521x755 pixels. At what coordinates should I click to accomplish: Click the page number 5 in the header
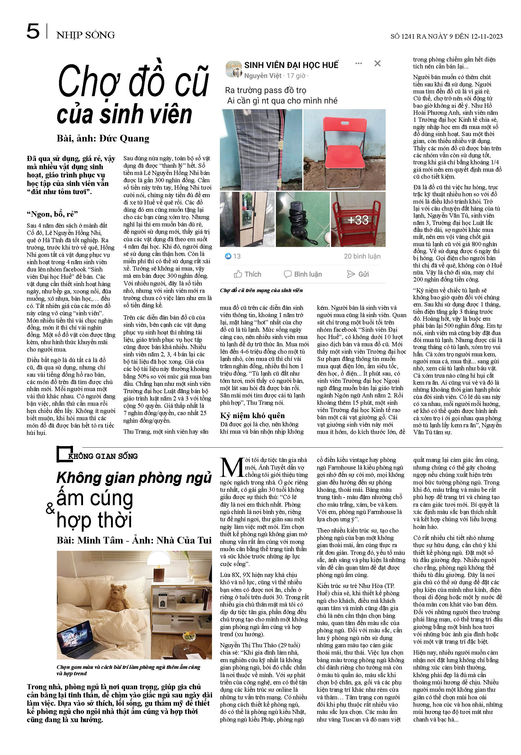click(x=33, y=32)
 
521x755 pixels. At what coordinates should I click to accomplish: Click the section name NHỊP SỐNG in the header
click(x=85, y=35)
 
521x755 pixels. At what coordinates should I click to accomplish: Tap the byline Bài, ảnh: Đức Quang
click(x=103, y=138)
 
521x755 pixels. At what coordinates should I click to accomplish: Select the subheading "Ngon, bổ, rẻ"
click(x=52, y=214)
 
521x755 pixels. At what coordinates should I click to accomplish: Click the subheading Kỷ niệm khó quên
click(x=252, y=415)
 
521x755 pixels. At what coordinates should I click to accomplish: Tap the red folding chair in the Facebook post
click(x=344, y=147)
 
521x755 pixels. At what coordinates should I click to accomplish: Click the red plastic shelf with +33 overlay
click(x=358, y=219)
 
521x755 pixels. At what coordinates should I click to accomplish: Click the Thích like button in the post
click(x=248, y=274)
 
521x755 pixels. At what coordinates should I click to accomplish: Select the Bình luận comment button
click(x=303, y=274)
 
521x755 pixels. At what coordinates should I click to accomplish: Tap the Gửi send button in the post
click(x=358, y=274)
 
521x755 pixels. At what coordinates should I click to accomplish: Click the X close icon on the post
click(x=377, y=63)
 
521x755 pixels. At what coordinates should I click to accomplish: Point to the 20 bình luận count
click(x=362, y=256)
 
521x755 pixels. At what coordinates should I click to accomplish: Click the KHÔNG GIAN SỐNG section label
click(x=102, y=456)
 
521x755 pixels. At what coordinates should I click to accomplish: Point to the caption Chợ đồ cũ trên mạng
click(x=261, y=290)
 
